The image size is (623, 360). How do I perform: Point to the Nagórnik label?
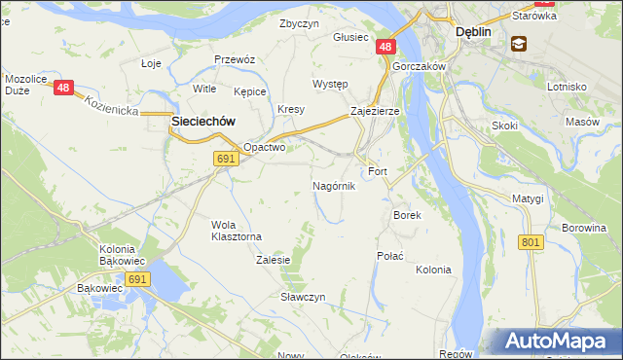334,185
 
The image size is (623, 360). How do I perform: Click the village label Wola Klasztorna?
237,231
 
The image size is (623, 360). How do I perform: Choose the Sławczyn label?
303,296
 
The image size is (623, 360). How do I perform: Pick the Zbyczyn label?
299,23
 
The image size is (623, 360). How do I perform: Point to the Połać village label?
389,255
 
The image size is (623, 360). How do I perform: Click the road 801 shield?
531,242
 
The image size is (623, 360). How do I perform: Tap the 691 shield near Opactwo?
226,159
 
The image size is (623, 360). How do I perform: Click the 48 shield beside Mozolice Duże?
64,88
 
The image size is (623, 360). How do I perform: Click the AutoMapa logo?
558,342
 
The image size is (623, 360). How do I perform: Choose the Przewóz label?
235,59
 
